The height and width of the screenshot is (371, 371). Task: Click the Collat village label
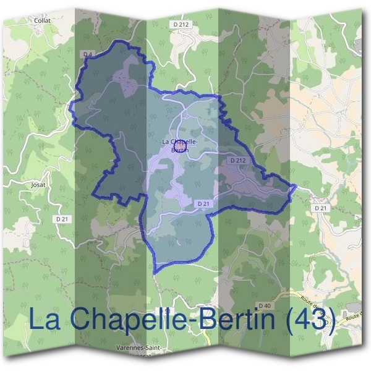(42, 20)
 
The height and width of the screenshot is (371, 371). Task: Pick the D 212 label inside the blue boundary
(238, 160)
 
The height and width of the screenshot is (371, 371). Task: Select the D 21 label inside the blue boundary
(203, 203)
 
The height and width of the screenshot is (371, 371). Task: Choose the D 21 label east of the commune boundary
(320, 208)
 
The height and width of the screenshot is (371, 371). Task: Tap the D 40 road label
(264, 306)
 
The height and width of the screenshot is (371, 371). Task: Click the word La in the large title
(45, 320)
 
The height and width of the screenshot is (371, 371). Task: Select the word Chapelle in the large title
(123, 320)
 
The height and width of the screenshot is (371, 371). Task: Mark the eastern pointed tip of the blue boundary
(296, 186)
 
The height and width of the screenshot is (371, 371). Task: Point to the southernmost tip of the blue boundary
(155, 273)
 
